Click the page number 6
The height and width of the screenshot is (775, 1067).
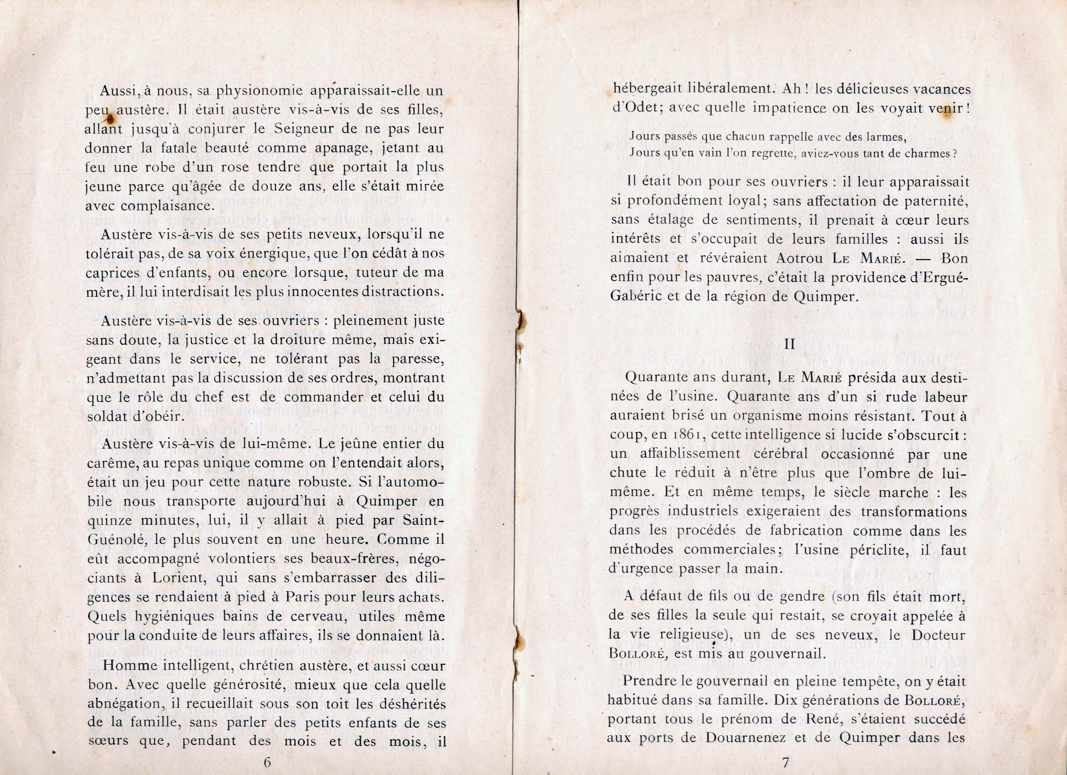click(267, 762)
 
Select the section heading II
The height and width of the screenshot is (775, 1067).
click(789, 344)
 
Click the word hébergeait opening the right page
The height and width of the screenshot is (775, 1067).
click(649, 89)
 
